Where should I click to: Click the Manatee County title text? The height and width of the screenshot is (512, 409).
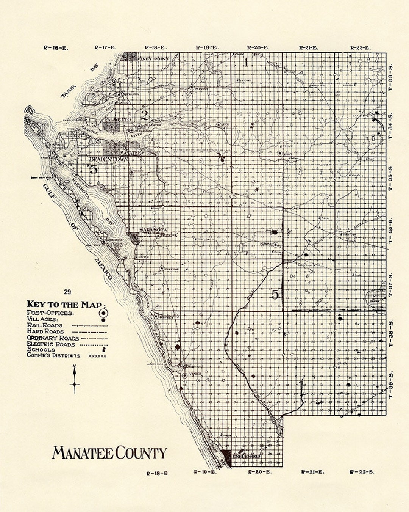coord(109,453)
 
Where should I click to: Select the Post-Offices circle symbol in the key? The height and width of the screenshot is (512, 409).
coord(103,313)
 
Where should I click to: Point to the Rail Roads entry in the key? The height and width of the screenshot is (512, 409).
coord(45,325)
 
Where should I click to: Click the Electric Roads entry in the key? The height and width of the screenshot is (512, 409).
coord(51,344)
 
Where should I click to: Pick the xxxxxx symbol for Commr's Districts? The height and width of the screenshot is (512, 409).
coord(97,356)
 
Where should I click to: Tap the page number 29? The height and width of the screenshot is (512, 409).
coord(67,292)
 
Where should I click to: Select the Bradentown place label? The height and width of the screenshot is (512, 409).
coord(108,160)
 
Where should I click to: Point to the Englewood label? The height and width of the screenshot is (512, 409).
coord(246,456)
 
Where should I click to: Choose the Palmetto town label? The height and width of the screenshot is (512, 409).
coord(118,119)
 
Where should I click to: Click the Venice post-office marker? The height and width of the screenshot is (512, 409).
coord(184,375)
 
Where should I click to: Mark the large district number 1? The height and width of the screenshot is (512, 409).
coord(246,62)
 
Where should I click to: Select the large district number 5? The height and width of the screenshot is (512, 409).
coord(275,294)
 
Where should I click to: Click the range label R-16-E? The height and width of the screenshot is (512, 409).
coord(56,48)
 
